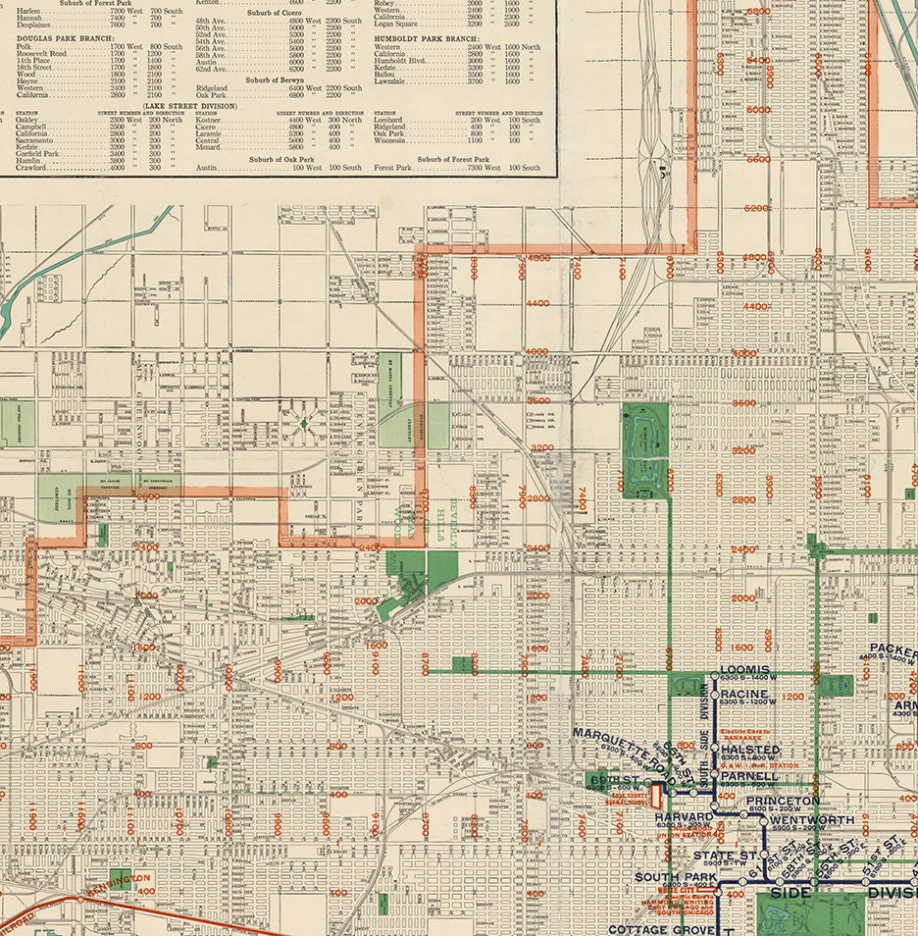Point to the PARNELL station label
(749, 776)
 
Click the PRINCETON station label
(782, 802)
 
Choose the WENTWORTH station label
(812, 819)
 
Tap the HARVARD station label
(686, 817)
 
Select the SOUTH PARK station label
(673, 877)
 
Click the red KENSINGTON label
(119, 879)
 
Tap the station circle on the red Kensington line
(81, 898)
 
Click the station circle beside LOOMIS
(714, 676)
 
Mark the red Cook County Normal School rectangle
(644, 796)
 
